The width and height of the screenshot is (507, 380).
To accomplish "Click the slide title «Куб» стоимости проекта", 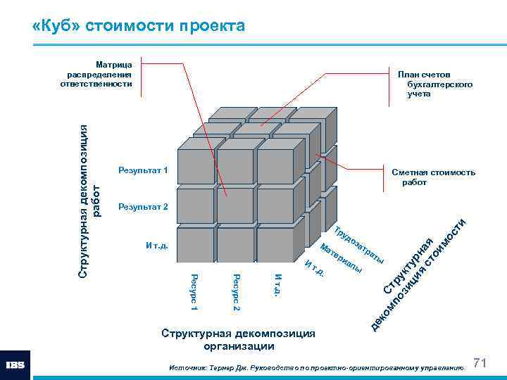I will [x=139, y=27].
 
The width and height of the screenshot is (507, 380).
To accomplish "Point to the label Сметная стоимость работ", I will [x=433, y=177].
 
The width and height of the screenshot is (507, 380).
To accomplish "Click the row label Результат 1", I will [x=143, y=171].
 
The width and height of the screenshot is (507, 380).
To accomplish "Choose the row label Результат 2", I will [x=143, y=207].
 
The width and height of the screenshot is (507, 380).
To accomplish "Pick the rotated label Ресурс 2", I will [x=237, y=291].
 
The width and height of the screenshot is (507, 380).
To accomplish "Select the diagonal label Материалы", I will [x=342, y=258].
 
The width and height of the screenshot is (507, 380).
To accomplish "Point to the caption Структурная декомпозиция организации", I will [x=239, y=339].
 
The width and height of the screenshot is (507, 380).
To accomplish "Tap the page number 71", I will [x=481, y=362].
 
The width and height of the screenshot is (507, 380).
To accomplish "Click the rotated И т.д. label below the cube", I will [x=278, y=284].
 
